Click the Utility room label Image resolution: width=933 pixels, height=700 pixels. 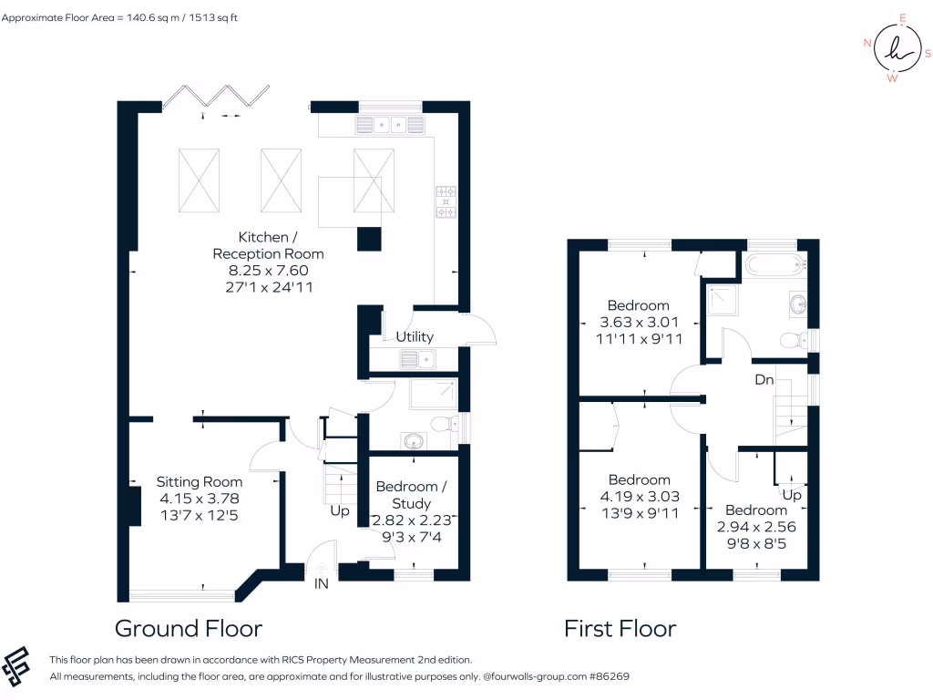[x=415, y=336]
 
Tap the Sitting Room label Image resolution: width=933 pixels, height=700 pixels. [x=200, y=482]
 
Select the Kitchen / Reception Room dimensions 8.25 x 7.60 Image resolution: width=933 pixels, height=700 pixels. [x=268, y=270]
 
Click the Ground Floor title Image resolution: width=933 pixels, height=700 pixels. [x=189, y=629]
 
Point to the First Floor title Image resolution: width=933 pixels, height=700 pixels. [x=620, y=629]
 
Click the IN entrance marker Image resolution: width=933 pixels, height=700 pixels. [x=321, y=583]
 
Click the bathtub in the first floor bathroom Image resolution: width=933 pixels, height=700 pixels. [x=774, y=265]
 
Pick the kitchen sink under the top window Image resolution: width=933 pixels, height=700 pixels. [x=391, y=125]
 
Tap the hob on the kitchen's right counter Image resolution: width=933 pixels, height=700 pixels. [x=446, y=202]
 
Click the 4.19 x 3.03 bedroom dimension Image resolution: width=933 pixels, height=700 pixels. [x=640, y=497]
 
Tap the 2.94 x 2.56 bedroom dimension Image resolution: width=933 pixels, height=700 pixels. [x=756, y=527]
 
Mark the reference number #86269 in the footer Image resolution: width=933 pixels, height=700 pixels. [x=607, y=677]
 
